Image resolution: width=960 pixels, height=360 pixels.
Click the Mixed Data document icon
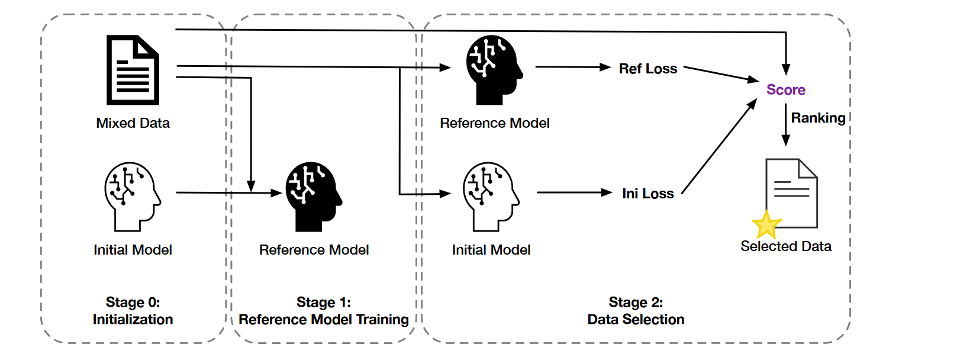133,70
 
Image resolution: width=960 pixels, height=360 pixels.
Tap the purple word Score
785,90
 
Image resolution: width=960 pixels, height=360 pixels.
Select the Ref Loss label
647,69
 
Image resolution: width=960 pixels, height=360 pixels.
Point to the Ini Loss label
647,194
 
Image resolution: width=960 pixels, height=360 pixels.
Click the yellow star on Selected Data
766,225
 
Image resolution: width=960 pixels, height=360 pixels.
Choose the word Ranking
818,118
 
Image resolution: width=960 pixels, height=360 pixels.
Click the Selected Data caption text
785,246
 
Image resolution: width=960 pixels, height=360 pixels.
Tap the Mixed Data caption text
133,123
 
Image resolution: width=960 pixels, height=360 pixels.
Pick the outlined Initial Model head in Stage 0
132,196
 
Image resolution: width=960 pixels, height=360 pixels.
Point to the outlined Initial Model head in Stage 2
491,196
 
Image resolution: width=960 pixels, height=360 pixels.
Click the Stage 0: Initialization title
133,311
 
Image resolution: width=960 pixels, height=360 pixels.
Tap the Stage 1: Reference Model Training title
323,311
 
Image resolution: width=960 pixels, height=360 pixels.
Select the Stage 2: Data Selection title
636,311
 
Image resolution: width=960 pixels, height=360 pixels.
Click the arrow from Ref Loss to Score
720,74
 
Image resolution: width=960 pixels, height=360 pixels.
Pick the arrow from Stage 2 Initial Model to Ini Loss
574,192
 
